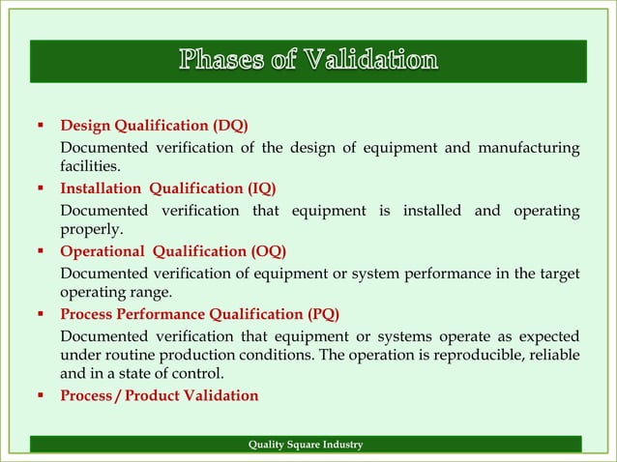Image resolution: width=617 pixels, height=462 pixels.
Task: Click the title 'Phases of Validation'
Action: point(308,61)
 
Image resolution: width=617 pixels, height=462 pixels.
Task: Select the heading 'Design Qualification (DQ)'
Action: point(154,126)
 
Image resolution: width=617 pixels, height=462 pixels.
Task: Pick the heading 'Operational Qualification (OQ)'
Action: point(173,251)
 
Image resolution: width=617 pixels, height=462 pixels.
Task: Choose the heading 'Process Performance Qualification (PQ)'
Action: point(199,314)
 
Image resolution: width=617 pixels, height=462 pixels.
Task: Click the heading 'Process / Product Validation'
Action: point(159,395)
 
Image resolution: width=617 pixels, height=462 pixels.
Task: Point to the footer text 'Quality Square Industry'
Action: point(306,445)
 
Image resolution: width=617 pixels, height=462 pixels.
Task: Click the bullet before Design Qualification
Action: point(43,126)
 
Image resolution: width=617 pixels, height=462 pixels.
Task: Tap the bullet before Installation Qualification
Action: point(43,188)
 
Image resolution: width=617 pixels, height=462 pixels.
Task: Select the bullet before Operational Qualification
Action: point(43,251)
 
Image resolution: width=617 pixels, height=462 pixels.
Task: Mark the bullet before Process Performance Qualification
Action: point(43,314)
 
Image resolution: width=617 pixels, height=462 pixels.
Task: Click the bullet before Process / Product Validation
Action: point(43,395)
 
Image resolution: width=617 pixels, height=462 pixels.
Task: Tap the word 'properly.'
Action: point(91,230)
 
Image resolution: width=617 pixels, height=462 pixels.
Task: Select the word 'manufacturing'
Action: point(532,147)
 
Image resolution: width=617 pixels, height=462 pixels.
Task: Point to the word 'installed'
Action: point(431,210)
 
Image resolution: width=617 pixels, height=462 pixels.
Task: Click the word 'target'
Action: point(560,273)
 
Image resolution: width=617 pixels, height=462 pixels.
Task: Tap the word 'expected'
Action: point(548,335)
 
